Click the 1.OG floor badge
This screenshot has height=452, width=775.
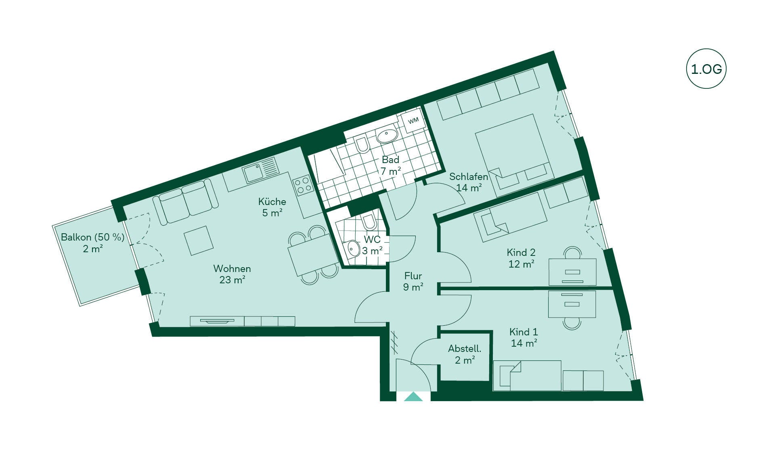(x=706, y=69)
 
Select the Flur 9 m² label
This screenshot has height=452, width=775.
(x=413, y=281)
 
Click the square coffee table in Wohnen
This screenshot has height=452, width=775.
(x=199, y=241)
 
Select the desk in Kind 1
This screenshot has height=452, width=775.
(x=572, y=304)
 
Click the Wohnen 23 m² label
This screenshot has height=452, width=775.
(x=232, y=274)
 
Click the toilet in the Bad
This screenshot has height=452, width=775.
(x=362, y=144)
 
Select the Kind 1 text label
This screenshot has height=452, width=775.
(x=524, y=332)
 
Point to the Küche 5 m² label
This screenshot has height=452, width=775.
(x=272, y=207)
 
